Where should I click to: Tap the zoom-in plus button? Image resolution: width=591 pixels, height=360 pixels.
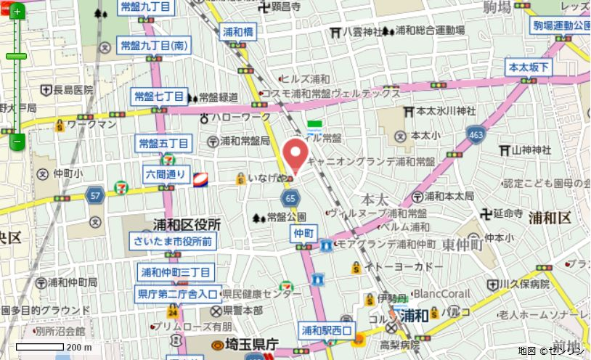(17, 12)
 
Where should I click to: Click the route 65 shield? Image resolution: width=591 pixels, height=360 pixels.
(290, 198)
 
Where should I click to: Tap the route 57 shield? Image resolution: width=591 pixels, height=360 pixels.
(94, 194)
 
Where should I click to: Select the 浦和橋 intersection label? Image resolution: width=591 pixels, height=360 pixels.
(238, 33)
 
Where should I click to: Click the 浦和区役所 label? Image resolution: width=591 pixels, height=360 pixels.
(187, 225)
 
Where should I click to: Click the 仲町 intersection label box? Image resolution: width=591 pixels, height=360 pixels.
(303, 233)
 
